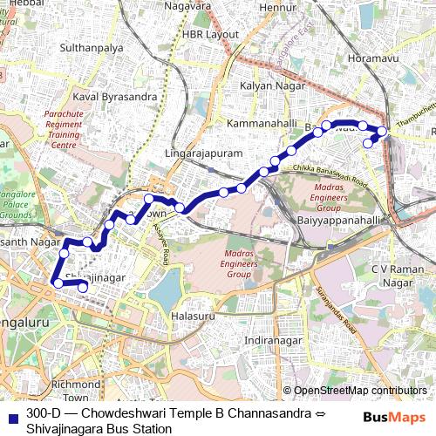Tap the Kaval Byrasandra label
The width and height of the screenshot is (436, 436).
click(x=115, y=95)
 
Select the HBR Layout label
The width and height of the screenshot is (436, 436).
click(x=210, y=34)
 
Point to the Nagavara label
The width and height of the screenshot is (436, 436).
click(x=189, y=6)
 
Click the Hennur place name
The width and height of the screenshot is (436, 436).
click(x=278, y=8)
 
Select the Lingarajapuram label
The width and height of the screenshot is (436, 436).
click(x=213, y=153)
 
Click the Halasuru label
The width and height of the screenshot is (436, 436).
click(x=193, y=315)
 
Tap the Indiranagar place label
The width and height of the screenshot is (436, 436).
click(x=276, y=339)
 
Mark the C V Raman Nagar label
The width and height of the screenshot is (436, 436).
click(x=402, y=276)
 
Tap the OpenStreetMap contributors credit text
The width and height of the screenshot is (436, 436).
click(x=359, y=391)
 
